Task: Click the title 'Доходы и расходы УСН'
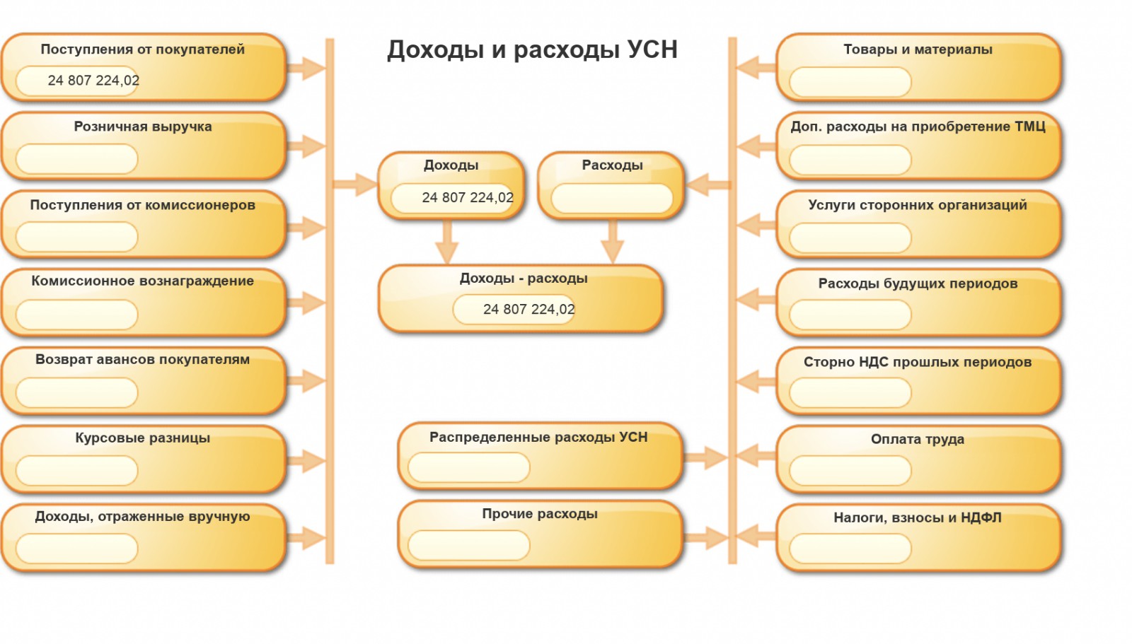tap(532, 49)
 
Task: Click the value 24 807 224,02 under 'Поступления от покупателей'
tap(93, 81)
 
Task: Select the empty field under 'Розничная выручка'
tap(76, 159)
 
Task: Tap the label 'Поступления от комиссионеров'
tap(142, 205)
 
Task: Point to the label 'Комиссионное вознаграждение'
tap(142, 281)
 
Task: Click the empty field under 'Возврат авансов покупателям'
tap(76, 392)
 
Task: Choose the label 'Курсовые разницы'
tap(142, 438)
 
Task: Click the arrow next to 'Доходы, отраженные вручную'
tap(306, 537)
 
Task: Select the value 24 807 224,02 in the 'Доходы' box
tap(468, 198)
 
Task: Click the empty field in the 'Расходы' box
tap(612, 198)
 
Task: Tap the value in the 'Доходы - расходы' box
tap(529, 310)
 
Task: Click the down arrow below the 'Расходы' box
tap(612, 244)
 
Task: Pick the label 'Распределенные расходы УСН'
tap(538, 437)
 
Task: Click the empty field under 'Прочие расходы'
tap(468, 545)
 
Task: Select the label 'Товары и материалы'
tap(918, 49)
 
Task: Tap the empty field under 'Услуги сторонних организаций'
tap(850, 238)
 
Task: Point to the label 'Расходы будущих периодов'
tap(918, 283)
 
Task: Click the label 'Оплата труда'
tap(918, 439)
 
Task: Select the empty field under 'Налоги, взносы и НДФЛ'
tap(850, 549)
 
